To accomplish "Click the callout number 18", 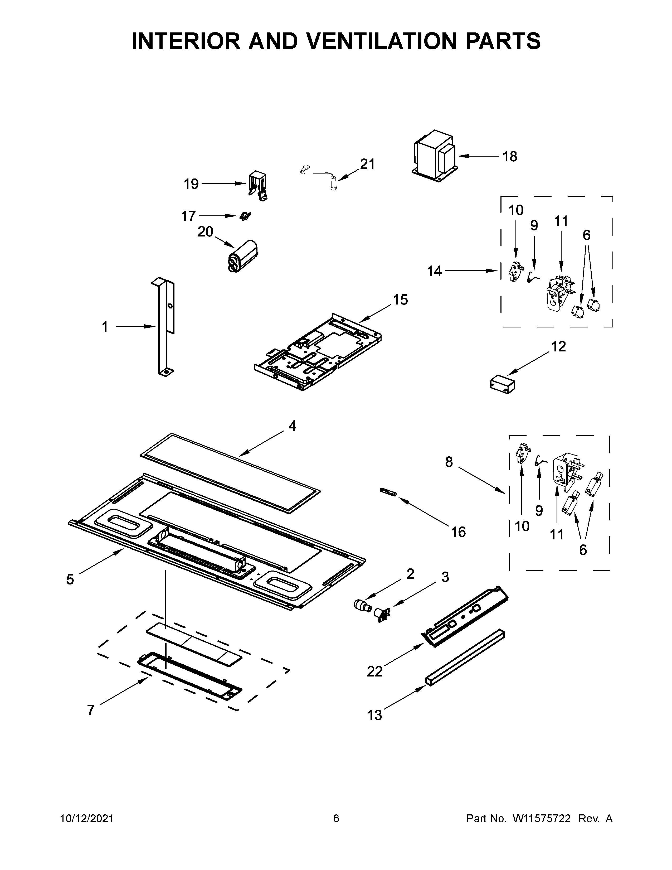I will pyautogui.click(x=510, y=157).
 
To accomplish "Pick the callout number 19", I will pyautogui.click(x=191, y=184).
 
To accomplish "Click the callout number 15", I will pyautogui.click(x=401, y=299).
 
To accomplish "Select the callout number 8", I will pyautogui.click(x=449, y=462).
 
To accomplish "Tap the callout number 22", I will pyautogui.click(x=375, y=671).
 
